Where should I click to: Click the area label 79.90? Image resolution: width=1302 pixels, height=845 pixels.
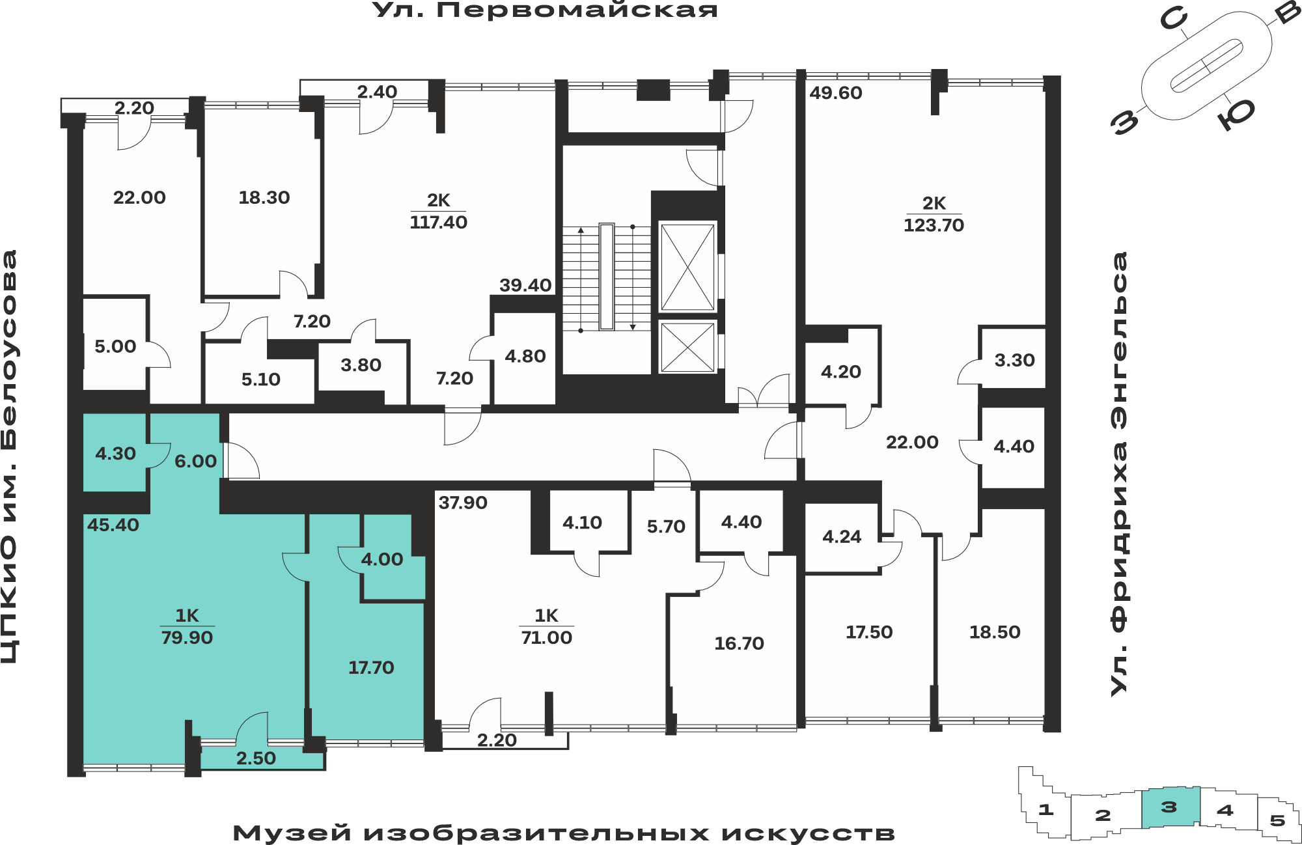[187, 638]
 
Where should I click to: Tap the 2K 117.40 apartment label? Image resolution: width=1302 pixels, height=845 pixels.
[438, 212]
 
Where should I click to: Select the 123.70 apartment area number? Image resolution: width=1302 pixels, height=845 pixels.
[934, 225]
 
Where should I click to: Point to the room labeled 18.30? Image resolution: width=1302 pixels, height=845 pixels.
[264, 198]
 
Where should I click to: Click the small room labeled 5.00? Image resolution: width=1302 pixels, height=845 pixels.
[115, 346]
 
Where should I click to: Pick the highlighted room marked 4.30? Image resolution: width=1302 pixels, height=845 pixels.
[115, 453]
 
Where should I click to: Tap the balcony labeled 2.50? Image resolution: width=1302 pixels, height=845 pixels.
[256, 758]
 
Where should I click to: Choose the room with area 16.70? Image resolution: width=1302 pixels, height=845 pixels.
[739, 644]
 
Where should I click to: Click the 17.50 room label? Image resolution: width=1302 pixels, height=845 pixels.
[869, 632]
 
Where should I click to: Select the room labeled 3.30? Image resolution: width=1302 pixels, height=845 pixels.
[1014, 360]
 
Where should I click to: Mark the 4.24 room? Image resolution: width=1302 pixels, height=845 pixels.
[842, 536]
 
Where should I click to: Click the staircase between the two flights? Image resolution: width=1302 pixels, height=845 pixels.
[607, 277]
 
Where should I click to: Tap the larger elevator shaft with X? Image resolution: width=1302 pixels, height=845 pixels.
[687, 268]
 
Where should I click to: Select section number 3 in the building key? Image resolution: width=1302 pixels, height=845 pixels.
[1169, 807]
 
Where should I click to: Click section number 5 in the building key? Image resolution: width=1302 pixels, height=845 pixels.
[1277, 821]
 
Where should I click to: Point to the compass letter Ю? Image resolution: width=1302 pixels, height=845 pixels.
[1236, 113]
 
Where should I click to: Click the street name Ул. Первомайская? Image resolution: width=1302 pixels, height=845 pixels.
[546, 10]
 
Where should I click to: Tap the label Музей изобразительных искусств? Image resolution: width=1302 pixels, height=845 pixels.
[564, 833]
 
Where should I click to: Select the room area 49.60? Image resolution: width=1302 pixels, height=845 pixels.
[836, 93]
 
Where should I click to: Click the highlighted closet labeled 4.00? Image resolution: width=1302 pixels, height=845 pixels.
[382, 559]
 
